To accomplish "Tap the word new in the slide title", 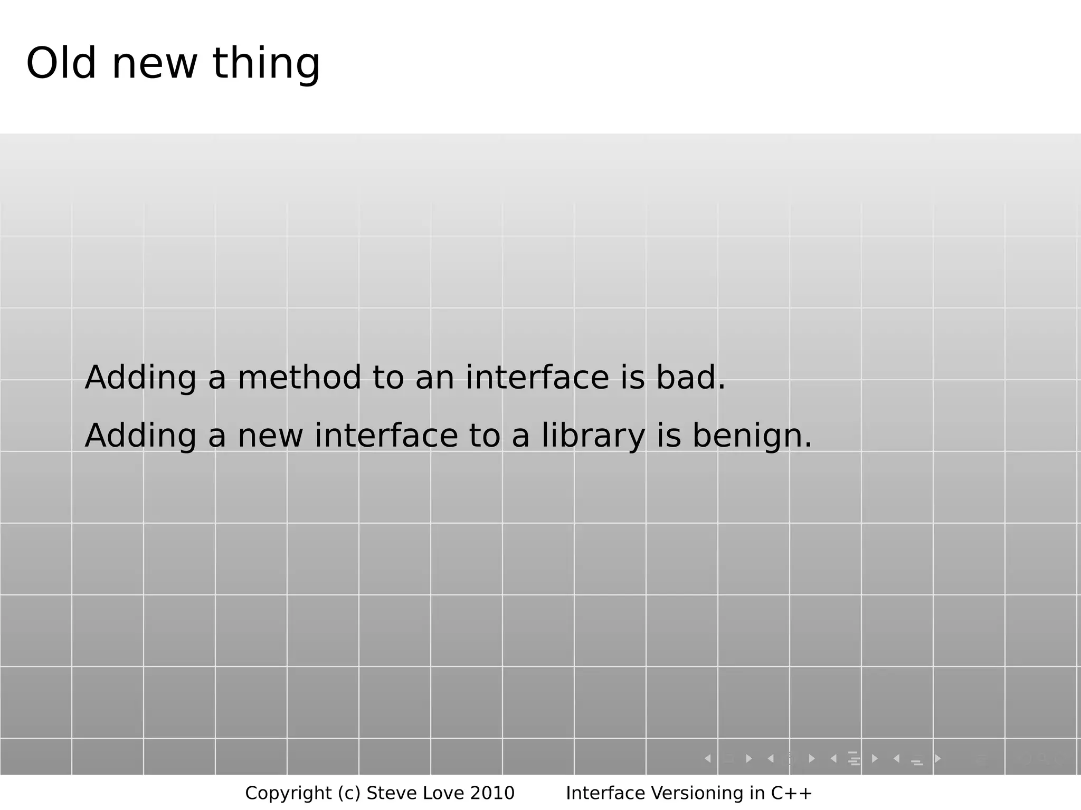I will [155, 64].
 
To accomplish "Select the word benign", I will [752, 437].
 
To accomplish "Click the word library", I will [593, 437].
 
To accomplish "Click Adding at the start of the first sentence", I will [140, 379].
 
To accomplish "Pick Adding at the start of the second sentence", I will [140, 437].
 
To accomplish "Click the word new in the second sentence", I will [270, 437].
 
